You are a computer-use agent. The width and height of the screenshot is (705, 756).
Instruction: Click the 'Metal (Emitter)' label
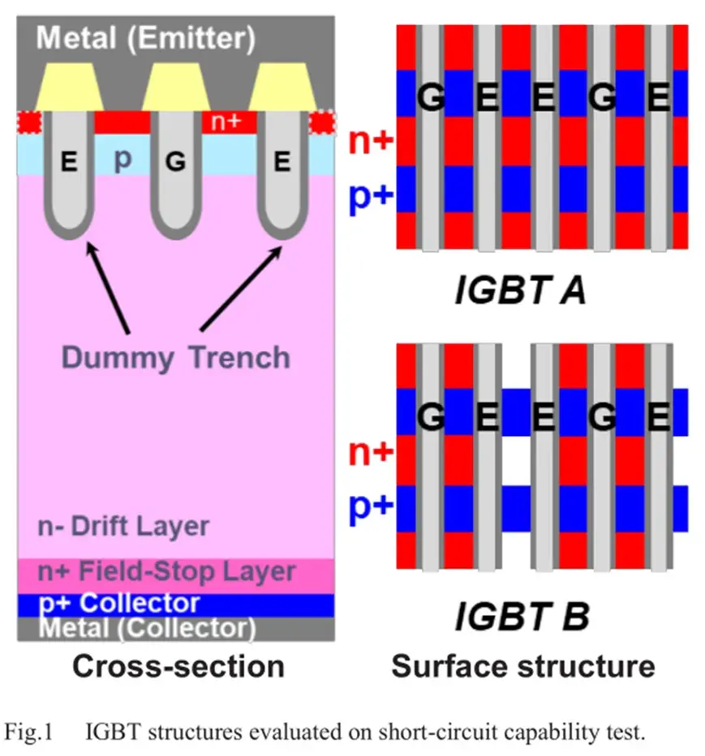click(x=145, y=38)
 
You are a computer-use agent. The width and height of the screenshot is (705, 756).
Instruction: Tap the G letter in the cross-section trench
click(x=175, y=161)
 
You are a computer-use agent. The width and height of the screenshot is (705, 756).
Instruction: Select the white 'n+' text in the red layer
click(x=226, y=122)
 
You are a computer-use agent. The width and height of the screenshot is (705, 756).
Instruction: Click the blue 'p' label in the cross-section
click(x=123, y=159)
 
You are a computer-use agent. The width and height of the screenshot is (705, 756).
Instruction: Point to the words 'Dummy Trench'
click(x=176, y=358)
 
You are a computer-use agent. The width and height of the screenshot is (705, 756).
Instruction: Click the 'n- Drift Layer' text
click(x=123, y=526)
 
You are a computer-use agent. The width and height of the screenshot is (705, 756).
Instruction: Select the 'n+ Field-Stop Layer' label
click(x=166, y=572)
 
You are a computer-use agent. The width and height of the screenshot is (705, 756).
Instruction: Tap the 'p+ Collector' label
click(x=118, y=604)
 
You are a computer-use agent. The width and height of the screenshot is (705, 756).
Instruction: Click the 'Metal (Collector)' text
click(x=147, y=628)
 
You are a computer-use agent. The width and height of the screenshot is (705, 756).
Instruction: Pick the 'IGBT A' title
click(x=520, y=290)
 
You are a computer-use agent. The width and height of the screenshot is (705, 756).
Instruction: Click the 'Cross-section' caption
click(x=178, y=667)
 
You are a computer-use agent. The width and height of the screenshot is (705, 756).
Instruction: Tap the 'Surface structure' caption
click(x=523, y=666)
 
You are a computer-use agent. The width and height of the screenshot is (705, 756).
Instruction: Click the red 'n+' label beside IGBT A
click(x=371, y=140)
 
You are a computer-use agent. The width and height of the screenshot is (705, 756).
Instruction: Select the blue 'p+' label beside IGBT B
click(x=371, y=506)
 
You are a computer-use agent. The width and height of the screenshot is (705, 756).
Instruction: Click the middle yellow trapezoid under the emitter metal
click(x=176, y=88)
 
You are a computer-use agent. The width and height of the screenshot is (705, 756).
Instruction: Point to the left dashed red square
click(x=29, y=122)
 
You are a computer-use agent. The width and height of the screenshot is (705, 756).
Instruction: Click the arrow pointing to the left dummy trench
click(x=108, y=288)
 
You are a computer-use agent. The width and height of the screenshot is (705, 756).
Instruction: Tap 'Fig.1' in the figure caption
click(x=28, y=732)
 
